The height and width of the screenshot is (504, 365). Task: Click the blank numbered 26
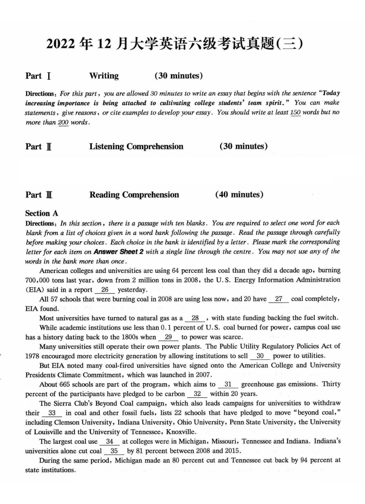pos(105,290)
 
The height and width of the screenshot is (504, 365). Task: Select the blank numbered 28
pos(195,318)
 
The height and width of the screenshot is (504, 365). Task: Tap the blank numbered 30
pos(260,356)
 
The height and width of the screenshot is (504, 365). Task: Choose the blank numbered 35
pos(114,451)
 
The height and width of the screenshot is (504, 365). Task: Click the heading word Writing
pos(104,76)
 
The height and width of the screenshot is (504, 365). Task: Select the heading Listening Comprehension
pos(136,147)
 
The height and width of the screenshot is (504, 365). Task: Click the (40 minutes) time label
pos(239,195)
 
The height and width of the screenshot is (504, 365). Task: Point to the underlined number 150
pos(295,113)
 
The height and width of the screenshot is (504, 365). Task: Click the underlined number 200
pos(63,122)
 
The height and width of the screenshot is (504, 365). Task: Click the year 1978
pos(33,356)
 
